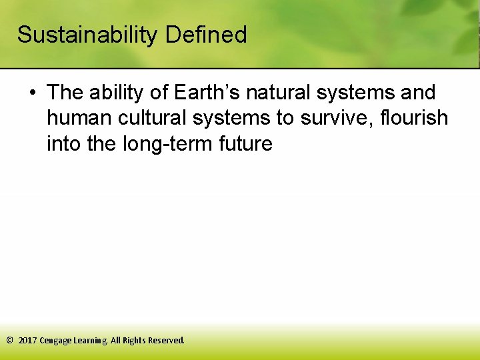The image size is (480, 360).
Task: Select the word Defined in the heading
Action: pyautogui.click(x=207, y=35)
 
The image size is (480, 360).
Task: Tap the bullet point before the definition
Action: pyautogui.click(x=32, y=93)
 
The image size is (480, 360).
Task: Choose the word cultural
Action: pyautogui.click(x=153, y=118)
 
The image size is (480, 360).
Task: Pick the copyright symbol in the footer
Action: pyautogui.click(x=9, y=340)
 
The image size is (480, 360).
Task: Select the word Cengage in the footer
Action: pyautogui.click(x=56, y=341)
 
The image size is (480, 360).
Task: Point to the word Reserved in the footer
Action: pyautogui.click(x=166, y=340)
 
